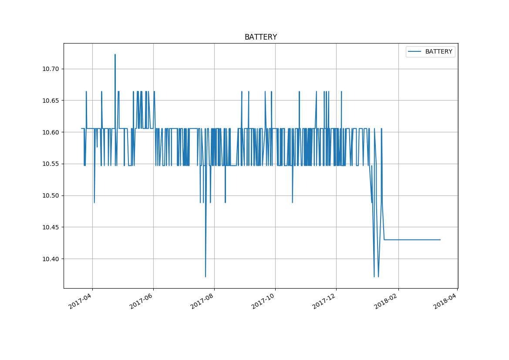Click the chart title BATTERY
coord(260,37)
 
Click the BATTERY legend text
coord(438,52)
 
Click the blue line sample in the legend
coord(415,52)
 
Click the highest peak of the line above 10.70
coord(115,55)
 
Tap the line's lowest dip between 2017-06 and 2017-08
coord(206,276)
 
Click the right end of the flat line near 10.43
coord(440,240)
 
